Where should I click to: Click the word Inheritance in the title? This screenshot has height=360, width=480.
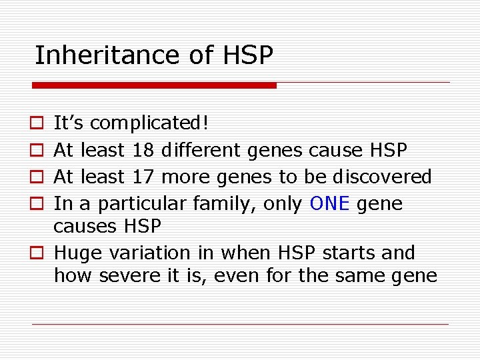pos(107,55)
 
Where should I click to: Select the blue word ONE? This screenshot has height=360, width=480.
pos(330,203)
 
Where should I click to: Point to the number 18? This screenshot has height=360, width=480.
pos(143,150)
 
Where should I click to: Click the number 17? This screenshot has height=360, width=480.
pos(143,177)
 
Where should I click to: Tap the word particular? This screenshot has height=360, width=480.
pos(141,204)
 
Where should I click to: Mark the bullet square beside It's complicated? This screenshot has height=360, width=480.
pos(37,124)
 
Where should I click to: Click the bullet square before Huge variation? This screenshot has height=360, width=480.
pos(37,253)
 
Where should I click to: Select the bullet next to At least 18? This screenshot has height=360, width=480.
pos(37,151)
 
